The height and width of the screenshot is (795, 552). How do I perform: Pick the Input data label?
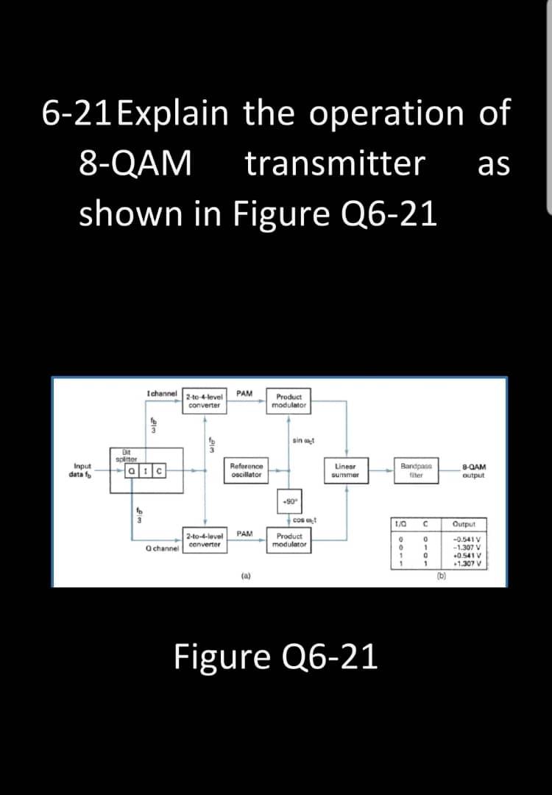click(82, 470)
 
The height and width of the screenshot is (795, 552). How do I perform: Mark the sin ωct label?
click(303, 440)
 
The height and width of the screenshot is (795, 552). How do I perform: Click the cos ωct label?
click(304, 520)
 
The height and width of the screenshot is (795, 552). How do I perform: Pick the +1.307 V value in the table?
click(467, 565)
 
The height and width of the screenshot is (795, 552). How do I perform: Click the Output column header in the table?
click(464, 523)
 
